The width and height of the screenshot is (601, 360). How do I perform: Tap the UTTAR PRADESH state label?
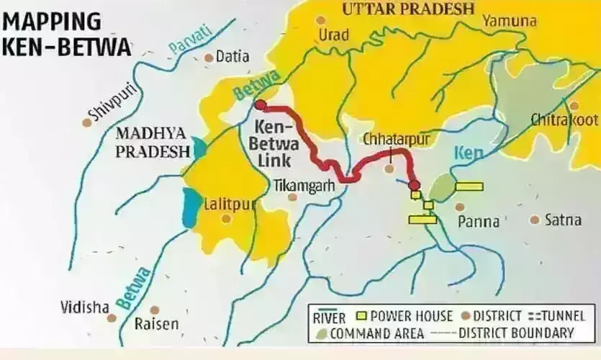408,9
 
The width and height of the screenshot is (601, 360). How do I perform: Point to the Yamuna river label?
509,21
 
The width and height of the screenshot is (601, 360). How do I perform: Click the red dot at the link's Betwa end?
261,105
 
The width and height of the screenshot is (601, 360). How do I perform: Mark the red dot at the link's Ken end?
414,186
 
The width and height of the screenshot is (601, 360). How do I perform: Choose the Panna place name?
479,222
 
